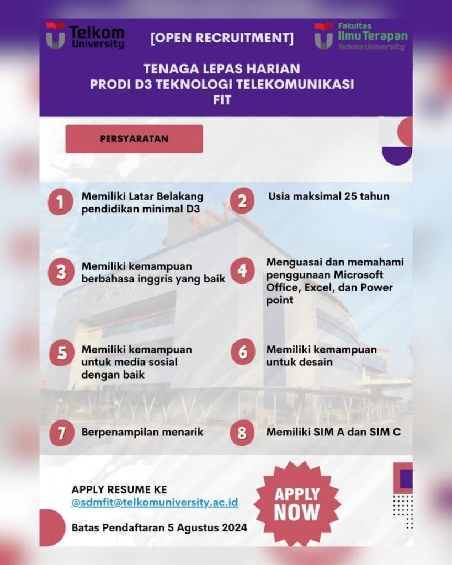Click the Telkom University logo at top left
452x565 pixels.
85,36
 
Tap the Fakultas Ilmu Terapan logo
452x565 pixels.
361,36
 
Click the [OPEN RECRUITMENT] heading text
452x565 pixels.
222,39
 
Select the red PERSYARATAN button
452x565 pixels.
134,138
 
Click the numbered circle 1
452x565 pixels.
61,202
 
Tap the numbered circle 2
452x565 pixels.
242,201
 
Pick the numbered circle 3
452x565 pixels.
61,273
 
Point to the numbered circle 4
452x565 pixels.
242,271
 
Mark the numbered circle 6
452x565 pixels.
242,353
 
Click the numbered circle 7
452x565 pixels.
61,433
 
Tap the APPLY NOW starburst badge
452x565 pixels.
297,502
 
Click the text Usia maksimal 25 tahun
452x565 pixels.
329,196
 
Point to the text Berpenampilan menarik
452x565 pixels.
142,432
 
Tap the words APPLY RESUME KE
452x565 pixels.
119,489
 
